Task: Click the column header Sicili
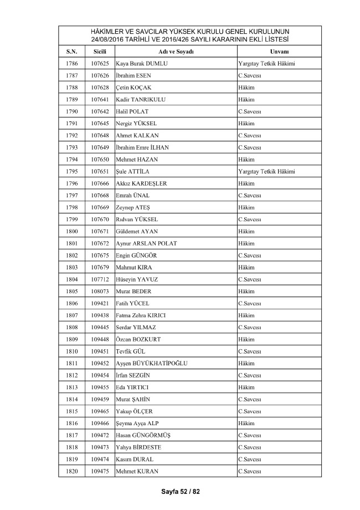(100, 51)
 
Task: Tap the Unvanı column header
(279, 51)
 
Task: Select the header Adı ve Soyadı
(174, 51)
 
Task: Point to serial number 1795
(72, 172)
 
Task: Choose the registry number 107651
(100, 172)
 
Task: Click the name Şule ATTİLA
(133, 172)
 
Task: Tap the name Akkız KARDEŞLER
(141, 183)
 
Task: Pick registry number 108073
(100, 292)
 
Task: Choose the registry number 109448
(100, 339)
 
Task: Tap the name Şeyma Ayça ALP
(138, 424)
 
